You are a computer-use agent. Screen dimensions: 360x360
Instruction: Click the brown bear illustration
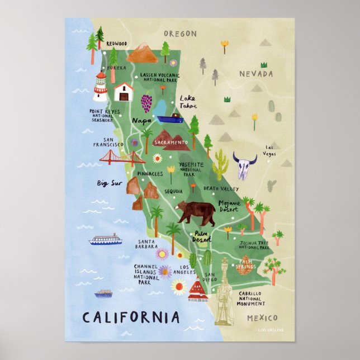(196, 212)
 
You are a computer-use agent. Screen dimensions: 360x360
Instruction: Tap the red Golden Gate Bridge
(122, 159)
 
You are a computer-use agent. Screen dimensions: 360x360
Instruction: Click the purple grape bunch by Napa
(146, 103)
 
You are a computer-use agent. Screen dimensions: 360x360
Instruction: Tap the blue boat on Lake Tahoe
(169, 119)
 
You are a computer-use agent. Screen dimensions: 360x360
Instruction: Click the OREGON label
(179, 34)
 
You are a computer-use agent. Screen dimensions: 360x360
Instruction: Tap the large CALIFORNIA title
(131, 318)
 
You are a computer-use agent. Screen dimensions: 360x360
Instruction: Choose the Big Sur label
(110, 183)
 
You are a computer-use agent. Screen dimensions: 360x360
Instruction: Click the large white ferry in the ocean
(105, 240)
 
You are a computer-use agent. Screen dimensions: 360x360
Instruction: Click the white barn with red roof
(123, 91)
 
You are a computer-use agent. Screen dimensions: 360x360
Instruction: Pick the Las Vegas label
(270, 150)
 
